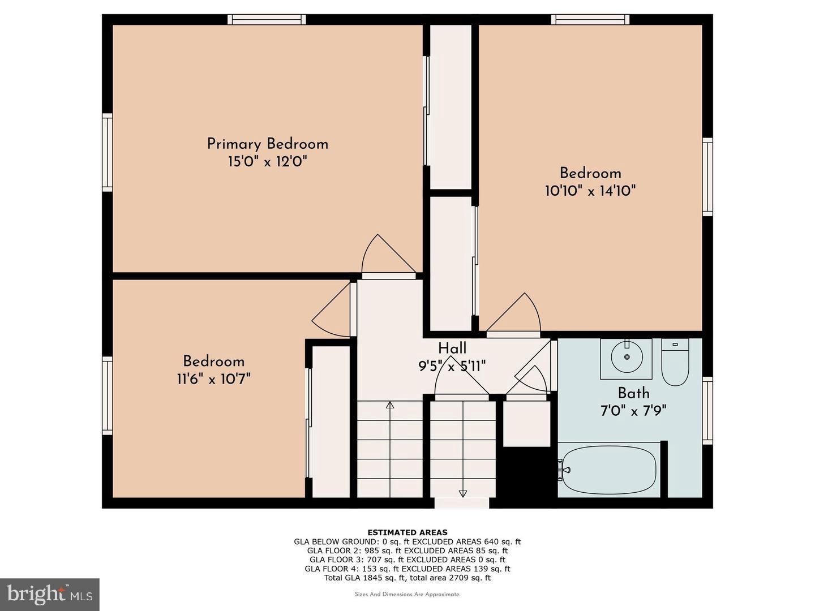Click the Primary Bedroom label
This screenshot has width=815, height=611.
click(x=267, y=144)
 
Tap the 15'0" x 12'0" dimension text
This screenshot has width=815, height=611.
click(x=267, y=162)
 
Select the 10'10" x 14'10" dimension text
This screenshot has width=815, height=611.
click(x=590, y=191)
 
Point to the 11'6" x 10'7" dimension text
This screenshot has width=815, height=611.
click(x=213, y=378)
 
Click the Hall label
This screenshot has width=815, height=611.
click(x=452, y=348)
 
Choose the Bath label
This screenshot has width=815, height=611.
click(x=633, y=393)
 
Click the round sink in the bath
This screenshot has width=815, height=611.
click(x=626, y=356)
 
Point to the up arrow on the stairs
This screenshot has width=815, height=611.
click(x=390, y=405)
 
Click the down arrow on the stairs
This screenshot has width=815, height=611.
click(x=462, y=493)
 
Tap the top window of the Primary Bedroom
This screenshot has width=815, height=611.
click(x=267, y=20)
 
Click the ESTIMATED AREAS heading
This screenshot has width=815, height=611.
click(x=407, y=532)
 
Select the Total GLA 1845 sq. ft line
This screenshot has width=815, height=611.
click(x=407, y=578)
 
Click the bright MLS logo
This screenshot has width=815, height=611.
click(x=50, y=594)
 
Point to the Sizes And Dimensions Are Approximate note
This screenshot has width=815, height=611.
click(x=407, y=595)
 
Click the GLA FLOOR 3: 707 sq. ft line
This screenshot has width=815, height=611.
click(x=407, y=560)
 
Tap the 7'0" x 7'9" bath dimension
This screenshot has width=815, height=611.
click(x=633, y=410)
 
